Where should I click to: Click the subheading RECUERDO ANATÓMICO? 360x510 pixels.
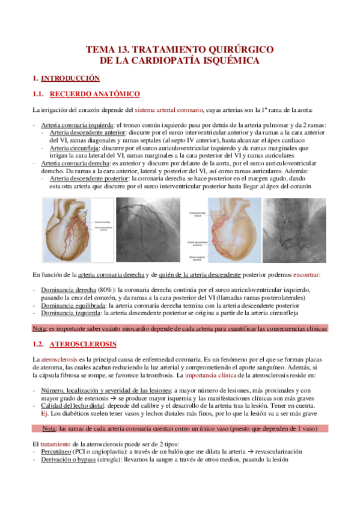[95, 94]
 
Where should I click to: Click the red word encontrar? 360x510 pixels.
[307, 274]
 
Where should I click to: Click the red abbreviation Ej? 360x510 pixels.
[44, 413]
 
